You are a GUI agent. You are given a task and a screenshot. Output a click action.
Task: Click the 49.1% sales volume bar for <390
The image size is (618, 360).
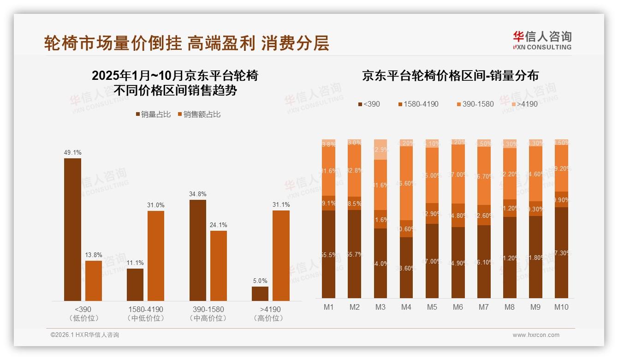pyautogui.click(x=72, y=229)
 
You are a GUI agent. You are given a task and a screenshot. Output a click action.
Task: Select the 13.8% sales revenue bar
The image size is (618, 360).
pyautogui.click(x=94, y=281)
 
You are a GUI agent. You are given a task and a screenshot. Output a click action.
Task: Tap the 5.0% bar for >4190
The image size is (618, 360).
pyautogui.click(x=260, y=294)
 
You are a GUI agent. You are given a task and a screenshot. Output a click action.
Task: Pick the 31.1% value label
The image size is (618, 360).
pyautogui.click(x=281, y=205)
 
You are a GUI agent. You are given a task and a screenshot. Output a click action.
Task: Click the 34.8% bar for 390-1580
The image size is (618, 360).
pyautogui.click(x=198, y=250)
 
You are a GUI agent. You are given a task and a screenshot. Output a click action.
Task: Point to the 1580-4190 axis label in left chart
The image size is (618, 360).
pyautogui.click(x=145, y=309)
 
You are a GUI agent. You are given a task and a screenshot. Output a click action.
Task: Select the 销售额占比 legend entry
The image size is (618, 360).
pyautogui.click(x=199, y=114)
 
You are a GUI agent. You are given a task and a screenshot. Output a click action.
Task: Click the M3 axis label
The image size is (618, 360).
pyautogui.click(x=380, y=307)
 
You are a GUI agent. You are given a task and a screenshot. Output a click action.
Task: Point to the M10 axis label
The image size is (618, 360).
pyautogui.click(x=561, y=307)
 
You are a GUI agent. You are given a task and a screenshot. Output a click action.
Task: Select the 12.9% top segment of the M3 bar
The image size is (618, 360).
pyautogui.click(x=380, y=150)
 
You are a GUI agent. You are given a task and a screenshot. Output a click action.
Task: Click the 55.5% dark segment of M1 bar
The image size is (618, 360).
pyautogui.click(x=329, y=254)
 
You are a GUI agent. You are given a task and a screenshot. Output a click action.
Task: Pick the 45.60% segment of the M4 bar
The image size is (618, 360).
pyautogui.click(x=406, y=183)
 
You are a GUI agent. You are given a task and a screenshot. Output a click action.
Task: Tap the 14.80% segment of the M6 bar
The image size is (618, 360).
pyautogui.click(x=458, y=216)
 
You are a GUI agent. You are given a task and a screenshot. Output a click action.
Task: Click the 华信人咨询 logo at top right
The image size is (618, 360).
pyautogui.click(x=542, y=40)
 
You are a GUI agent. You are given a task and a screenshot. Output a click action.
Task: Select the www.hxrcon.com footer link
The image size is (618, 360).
pyautogui.click(x=536, y=335)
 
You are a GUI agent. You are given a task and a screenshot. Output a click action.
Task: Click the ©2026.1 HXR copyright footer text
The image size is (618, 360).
pyautogui.click(x=85, y=335)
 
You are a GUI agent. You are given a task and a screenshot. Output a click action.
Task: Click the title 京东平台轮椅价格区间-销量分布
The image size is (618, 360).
pyautogui.click(x=451, y=75)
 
